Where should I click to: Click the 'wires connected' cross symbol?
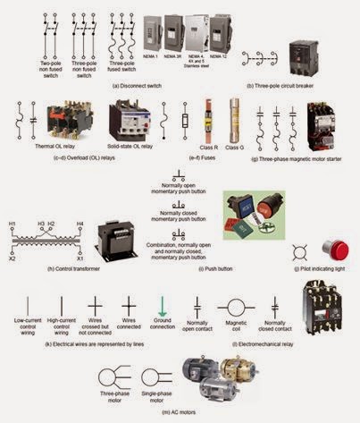128,306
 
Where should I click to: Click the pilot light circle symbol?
303,248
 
